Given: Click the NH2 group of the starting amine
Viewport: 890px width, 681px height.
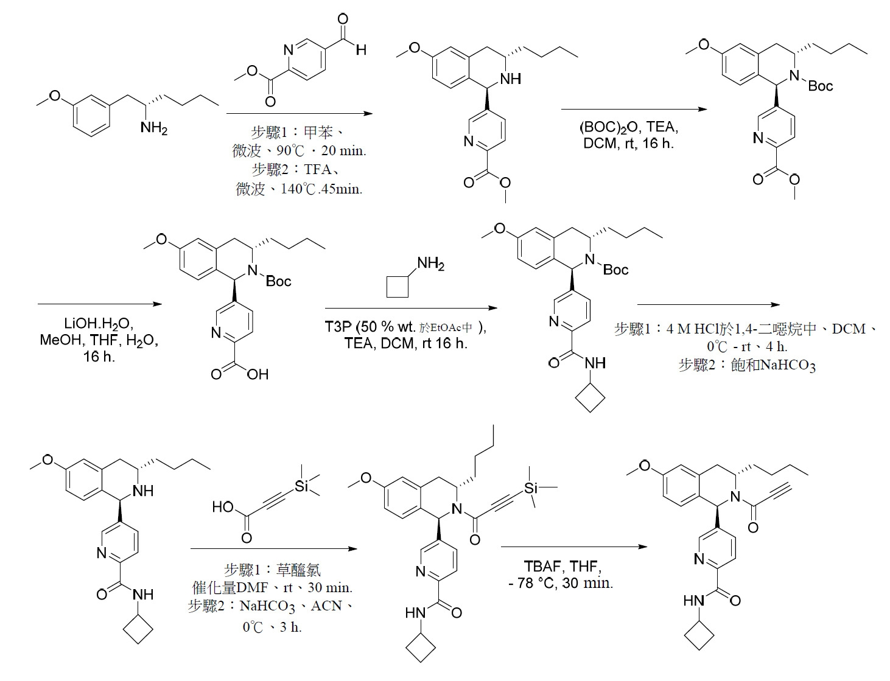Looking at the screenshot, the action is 153,128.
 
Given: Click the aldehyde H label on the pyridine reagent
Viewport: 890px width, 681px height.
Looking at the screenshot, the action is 361,50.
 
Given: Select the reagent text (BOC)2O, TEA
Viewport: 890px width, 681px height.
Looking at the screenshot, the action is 629,127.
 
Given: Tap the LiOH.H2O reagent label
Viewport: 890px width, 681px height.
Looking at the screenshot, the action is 99,324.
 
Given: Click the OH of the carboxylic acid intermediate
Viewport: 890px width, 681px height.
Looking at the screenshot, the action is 258,374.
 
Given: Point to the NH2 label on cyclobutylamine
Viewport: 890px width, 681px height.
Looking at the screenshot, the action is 430,264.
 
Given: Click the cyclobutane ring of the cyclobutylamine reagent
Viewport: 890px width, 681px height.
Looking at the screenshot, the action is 398,287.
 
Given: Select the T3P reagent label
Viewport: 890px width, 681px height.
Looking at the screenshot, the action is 338,326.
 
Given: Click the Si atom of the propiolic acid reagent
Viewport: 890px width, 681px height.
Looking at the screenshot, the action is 302,486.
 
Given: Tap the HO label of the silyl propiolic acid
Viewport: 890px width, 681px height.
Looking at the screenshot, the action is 223,507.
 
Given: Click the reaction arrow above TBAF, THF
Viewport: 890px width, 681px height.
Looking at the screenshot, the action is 573,547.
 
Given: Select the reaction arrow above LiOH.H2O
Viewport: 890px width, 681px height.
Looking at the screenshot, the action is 100,304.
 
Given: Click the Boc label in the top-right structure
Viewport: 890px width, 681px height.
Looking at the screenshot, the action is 820,86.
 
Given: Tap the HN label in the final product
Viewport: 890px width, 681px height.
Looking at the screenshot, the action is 694,600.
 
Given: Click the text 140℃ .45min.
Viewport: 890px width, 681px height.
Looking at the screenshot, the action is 321,189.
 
